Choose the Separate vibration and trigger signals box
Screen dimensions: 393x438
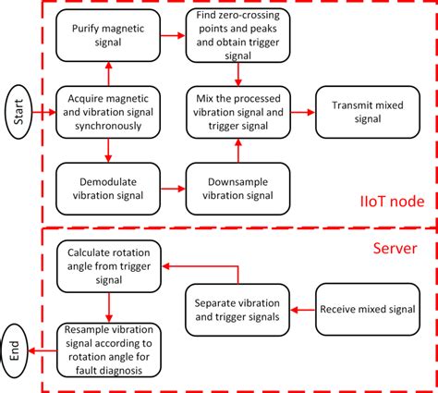click(x=239, y=307)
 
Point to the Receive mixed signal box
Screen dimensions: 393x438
click(x=367, y=307)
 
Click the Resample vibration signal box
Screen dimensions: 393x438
click(x=109, y=350)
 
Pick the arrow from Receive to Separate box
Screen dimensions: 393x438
click(x=303, y=307)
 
